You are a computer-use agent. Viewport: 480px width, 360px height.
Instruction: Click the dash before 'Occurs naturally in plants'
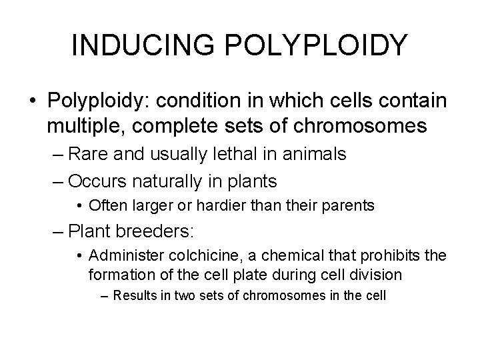(58, 181)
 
